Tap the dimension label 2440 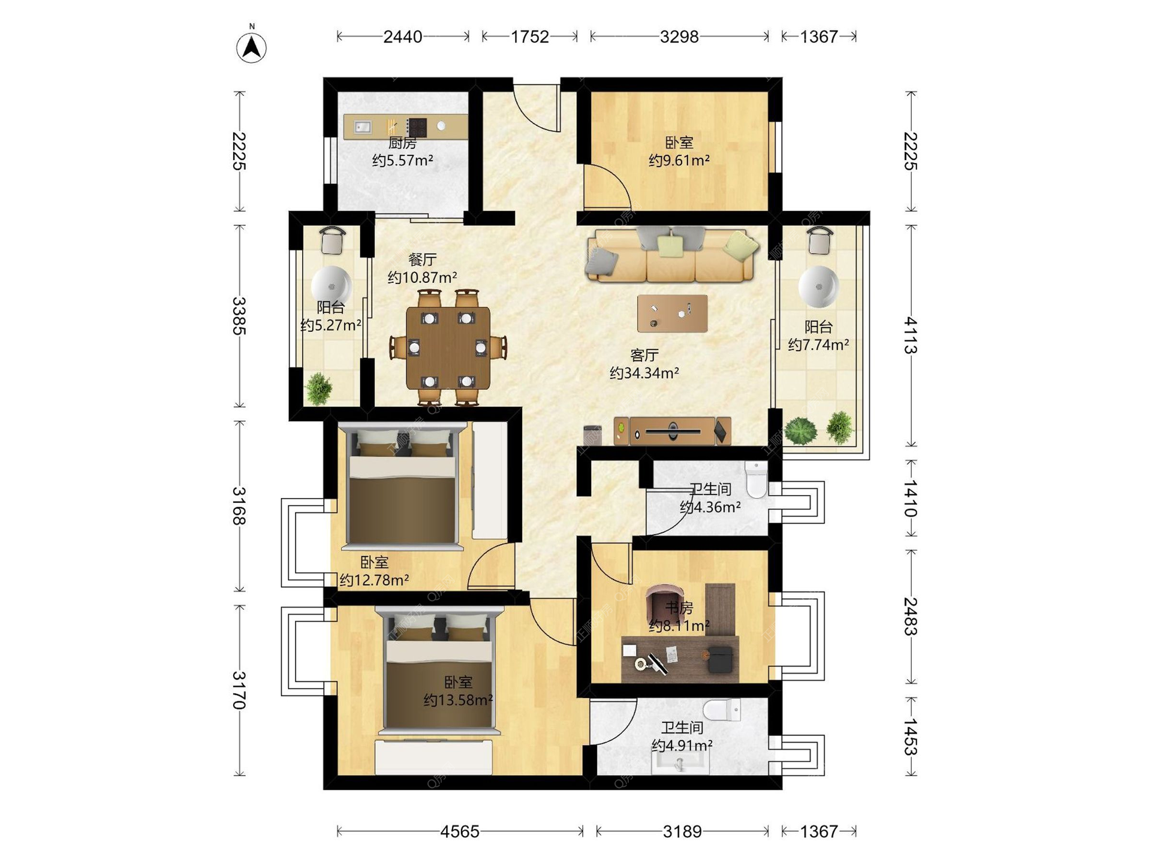(402, 37)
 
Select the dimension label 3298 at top (679, 37)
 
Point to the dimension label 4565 (460, 831)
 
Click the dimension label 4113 (911, 336)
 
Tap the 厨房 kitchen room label (402, 143)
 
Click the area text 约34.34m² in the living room (644, 373)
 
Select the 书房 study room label (679, 608)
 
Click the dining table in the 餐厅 (448, 348)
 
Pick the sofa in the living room (671, 255)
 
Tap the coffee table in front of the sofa (672, 313)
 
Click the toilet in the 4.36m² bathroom (757, 478)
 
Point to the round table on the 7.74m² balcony (818, 286)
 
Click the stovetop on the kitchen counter (416, 127)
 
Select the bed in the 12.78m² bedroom (402, 485)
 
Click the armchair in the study (661, 602)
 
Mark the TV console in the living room (672, 431)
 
